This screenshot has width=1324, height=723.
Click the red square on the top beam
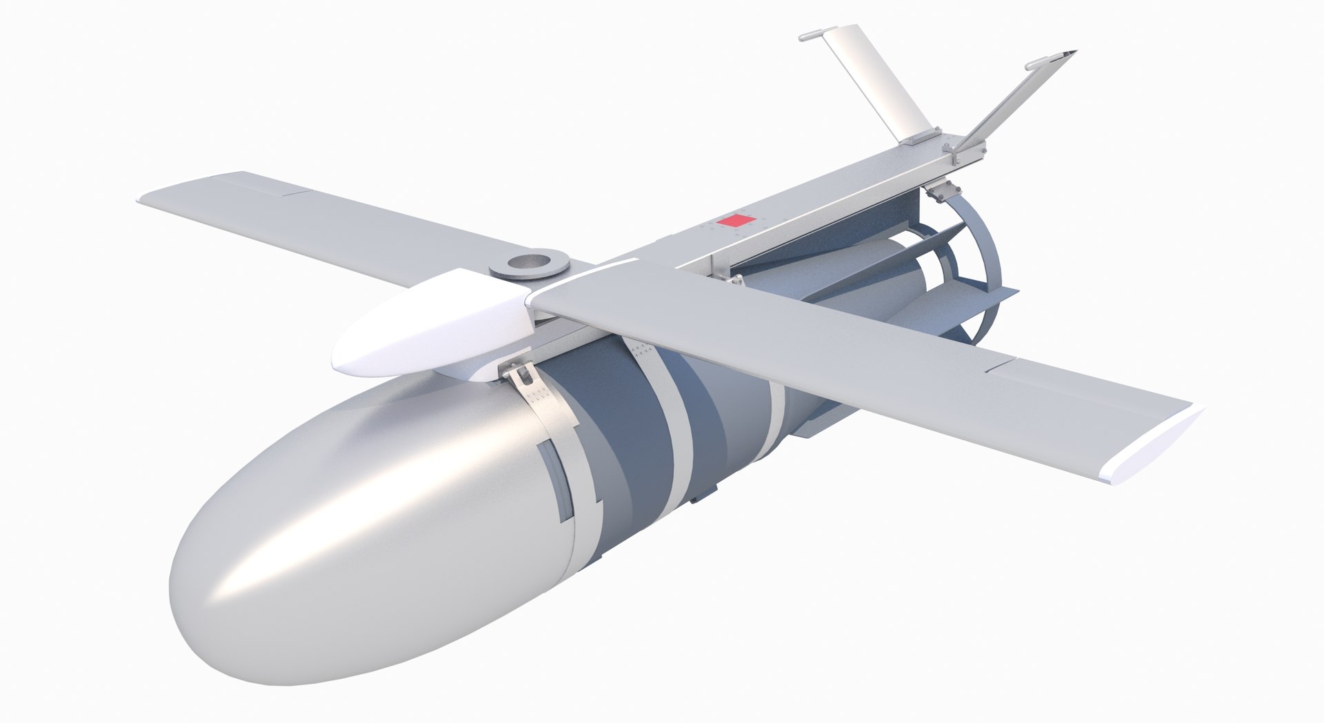[732, 221]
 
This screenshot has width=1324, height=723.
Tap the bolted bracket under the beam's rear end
[943, 191]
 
